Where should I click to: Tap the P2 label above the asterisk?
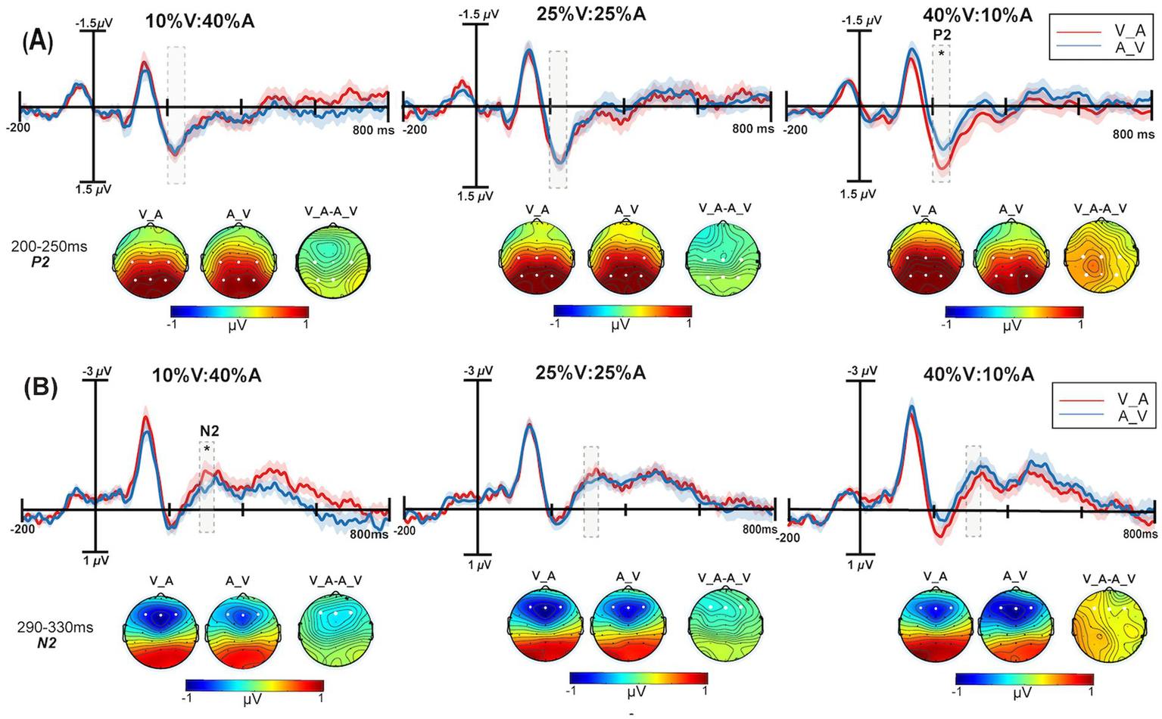(941, 35)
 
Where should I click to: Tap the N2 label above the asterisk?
(210, 431)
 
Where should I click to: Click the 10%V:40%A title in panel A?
(200, 21)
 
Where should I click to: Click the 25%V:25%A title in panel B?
(591, 373)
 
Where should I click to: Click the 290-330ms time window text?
(55, 627)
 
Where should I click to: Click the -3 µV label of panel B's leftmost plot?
(98, 372)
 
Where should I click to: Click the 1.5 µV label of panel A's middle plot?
(476, 196)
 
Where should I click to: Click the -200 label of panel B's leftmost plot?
(24, 529)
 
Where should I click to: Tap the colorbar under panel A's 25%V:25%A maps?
(622, 311)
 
